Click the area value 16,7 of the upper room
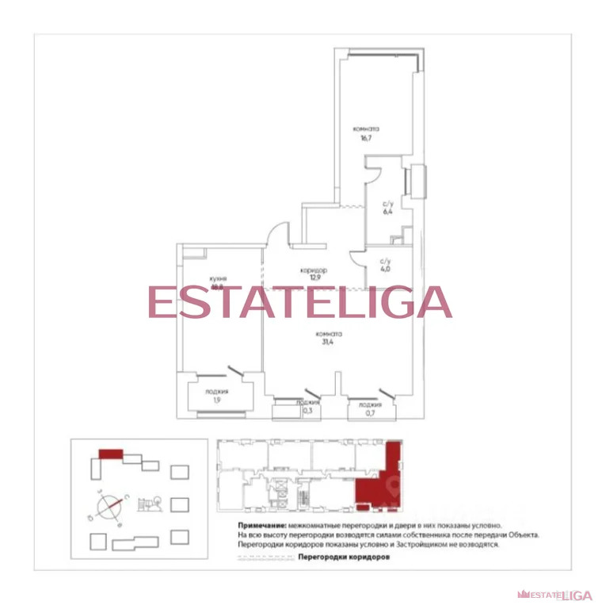tap(365, 138)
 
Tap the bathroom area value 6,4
tap(387, 212)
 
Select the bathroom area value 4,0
tap(386, 269)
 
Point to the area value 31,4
tap(326, 343)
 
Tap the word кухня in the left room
tap(219, 279)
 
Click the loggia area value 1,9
tap(216, 400)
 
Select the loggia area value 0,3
tap(307, 410)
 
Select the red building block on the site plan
tap(110, 454)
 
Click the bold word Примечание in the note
tap(261, 526)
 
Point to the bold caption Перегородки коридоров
tap(344, 557)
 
